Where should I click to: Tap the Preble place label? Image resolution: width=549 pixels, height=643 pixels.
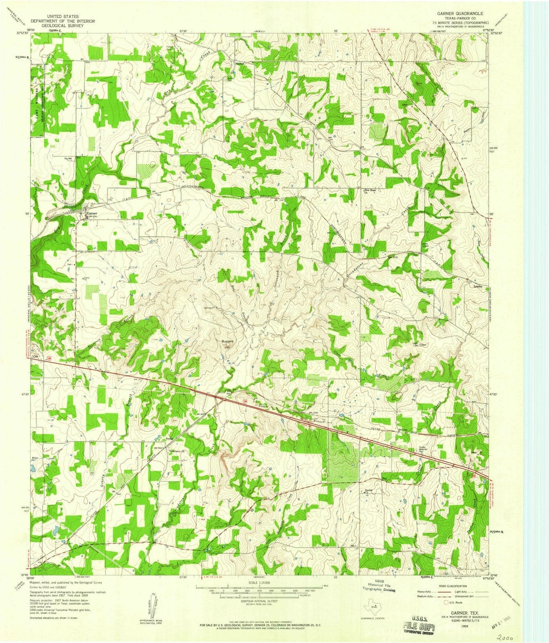pyautogui.click(x=169, y=438)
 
